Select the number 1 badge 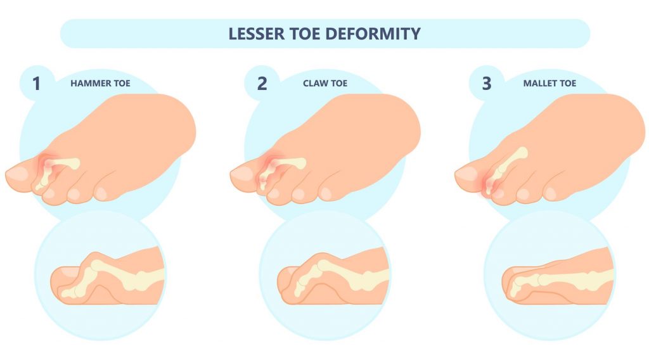point(35,83)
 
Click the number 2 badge point(260,83)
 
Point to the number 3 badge point(486,83)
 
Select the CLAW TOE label point(325,83)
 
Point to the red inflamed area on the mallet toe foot point(490,184)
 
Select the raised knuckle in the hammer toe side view point(93,259)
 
